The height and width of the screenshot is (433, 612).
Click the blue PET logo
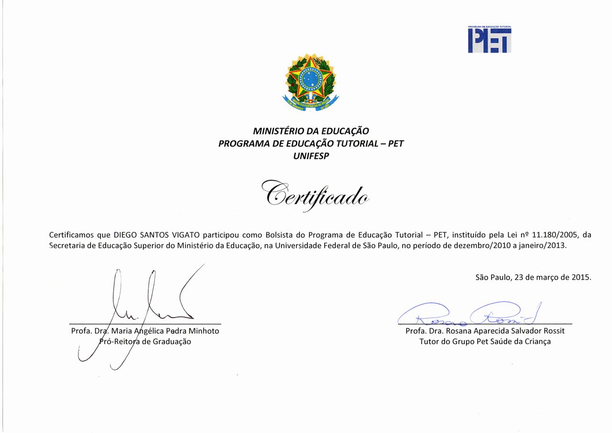490,40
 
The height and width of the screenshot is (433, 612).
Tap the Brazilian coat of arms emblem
311,81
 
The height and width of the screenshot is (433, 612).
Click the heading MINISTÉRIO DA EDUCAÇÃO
311,131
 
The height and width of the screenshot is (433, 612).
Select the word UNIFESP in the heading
311,156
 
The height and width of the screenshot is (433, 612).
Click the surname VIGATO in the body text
185,235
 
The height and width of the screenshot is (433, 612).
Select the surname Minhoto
204,331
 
